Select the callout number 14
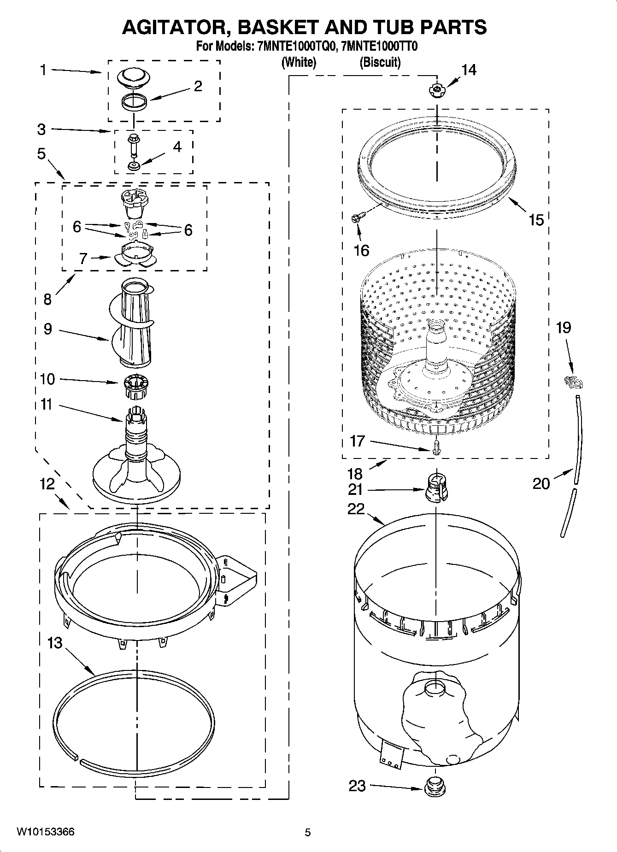(469, 70)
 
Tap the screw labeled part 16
(358, 216)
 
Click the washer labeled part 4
(134, 165)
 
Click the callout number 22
(356, 509)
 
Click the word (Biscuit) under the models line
(380, 62)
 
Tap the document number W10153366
(45, 832)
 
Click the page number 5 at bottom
(308, 832)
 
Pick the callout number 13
(54, 642)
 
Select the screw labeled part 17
(436, 446)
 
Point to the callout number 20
(541, 483)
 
